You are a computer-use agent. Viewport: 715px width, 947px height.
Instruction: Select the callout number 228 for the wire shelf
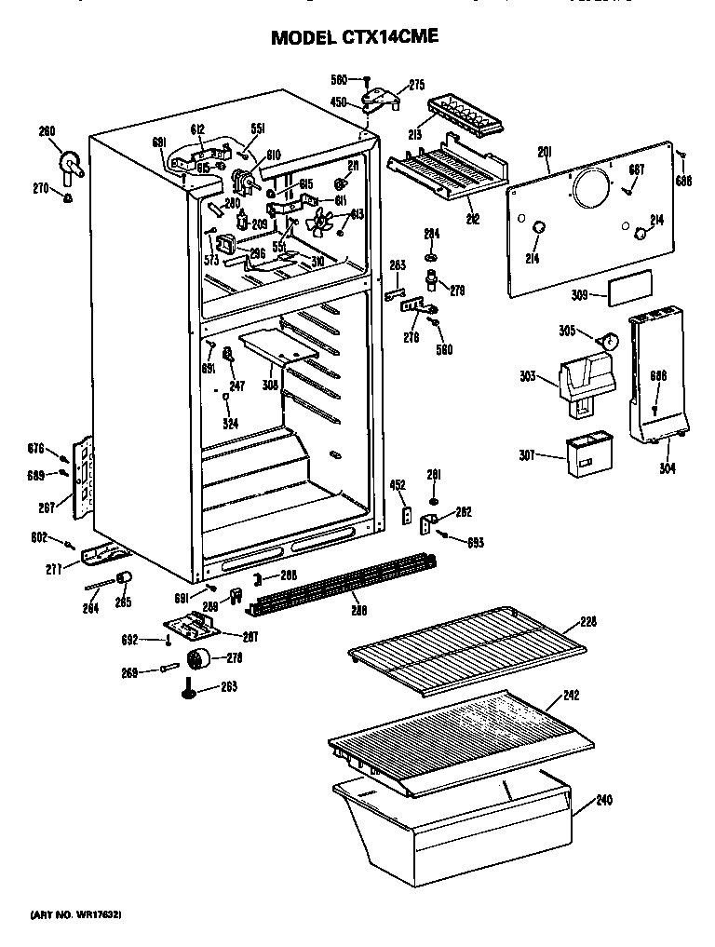587,621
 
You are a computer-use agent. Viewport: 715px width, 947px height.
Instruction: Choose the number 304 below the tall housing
668,468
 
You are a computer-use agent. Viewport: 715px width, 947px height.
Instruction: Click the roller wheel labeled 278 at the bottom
197,661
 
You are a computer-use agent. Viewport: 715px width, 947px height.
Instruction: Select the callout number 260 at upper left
47,131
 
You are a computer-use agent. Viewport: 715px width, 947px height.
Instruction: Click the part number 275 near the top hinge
416,85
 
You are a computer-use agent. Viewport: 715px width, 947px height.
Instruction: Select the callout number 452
398,484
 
